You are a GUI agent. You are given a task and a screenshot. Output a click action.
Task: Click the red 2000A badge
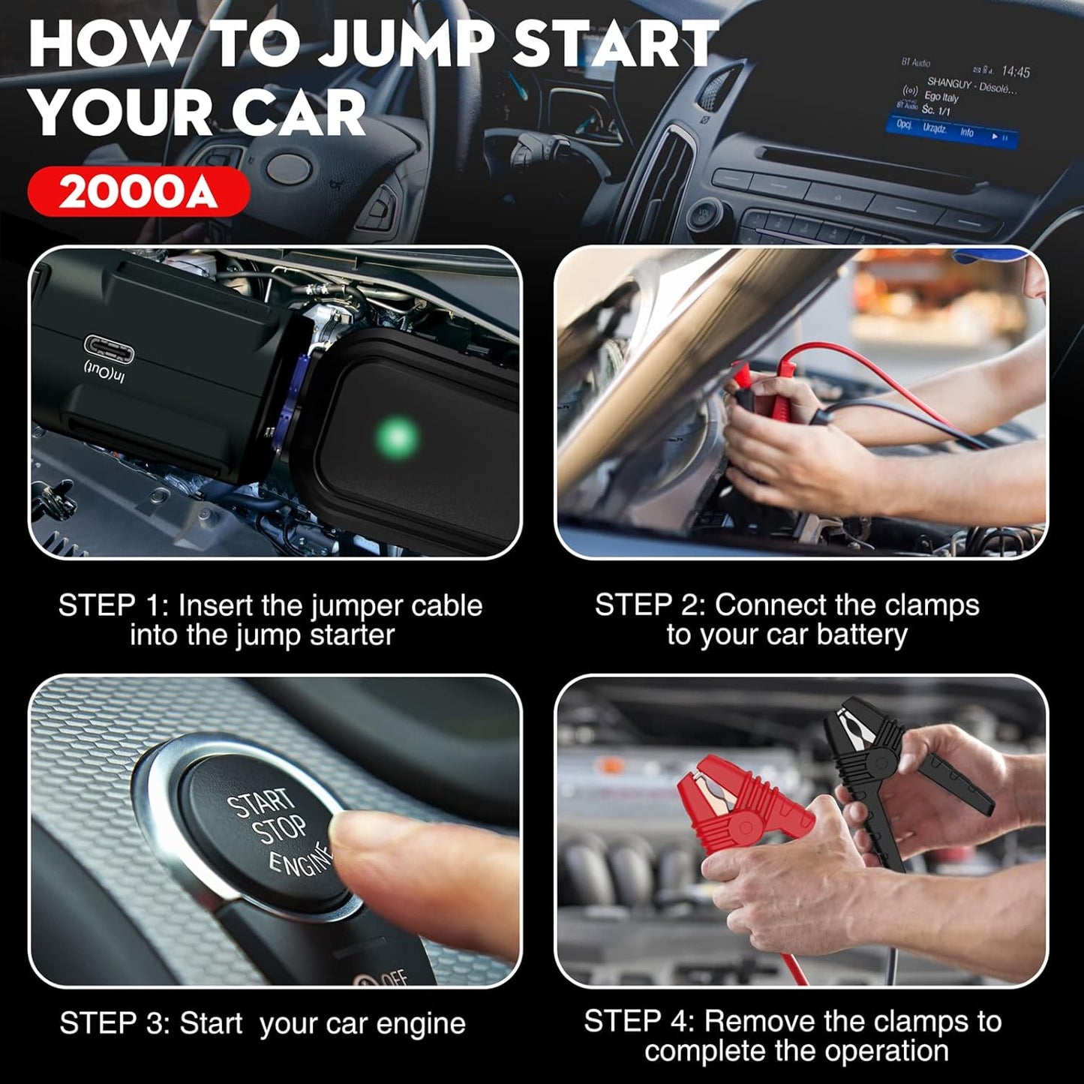[138, 192]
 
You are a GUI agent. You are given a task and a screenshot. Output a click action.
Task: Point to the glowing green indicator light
[397, 437]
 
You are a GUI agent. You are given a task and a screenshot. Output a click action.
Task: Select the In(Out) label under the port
[105, 371]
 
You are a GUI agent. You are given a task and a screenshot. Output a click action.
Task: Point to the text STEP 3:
[114, 1023]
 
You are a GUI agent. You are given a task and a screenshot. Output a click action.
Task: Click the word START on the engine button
[260, 803]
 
